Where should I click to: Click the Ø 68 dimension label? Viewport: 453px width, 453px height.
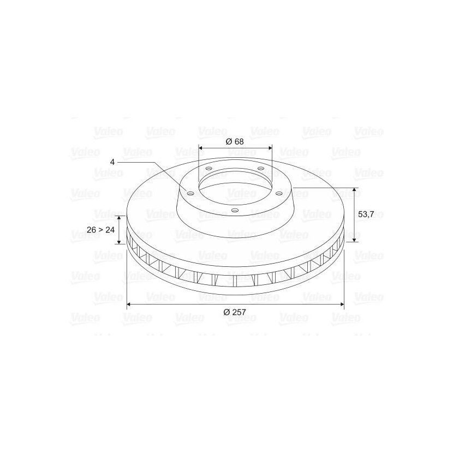[235, 141]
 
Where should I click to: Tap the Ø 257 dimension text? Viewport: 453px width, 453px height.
[235, 312]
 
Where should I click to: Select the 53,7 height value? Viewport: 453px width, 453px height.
[366, 214]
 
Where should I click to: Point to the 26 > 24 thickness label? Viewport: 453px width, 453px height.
[100, 230]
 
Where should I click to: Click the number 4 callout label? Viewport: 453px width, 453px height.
[112, 162]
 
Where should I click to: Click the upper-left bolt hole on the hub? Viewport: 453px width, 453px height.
[208, 168]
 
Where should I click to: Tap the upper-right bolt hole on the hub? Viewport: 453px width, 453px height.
[261, 168]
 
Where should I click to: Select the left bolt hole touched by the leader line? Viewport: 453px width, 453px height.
[190, 193]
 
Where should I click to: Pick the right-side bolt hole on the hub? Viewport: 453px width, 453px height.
[279, 193]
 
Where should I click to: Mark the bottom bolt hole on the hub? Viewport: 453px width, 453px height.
[235, 210]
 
